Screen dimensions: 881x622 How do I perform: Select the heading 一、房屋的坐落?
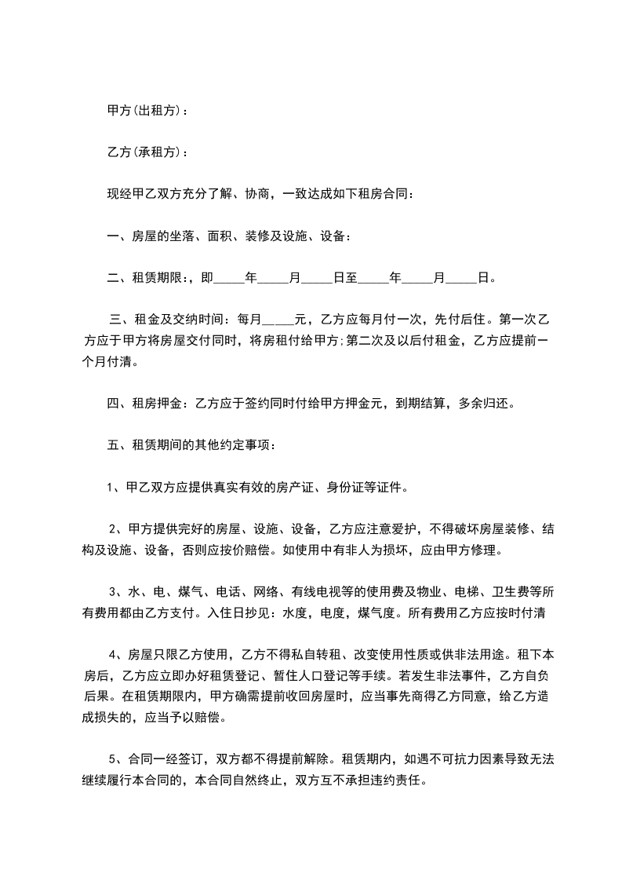[149, 236]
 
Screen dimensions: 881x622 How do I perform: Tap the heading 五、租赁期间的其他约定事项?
[191, 445]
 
